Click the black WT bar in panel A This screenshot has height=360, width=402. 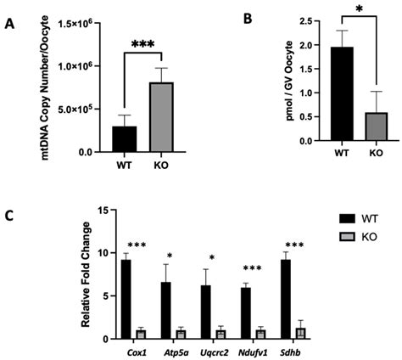point(124,139)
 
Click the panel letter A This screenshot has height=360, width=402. point(9,25)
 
